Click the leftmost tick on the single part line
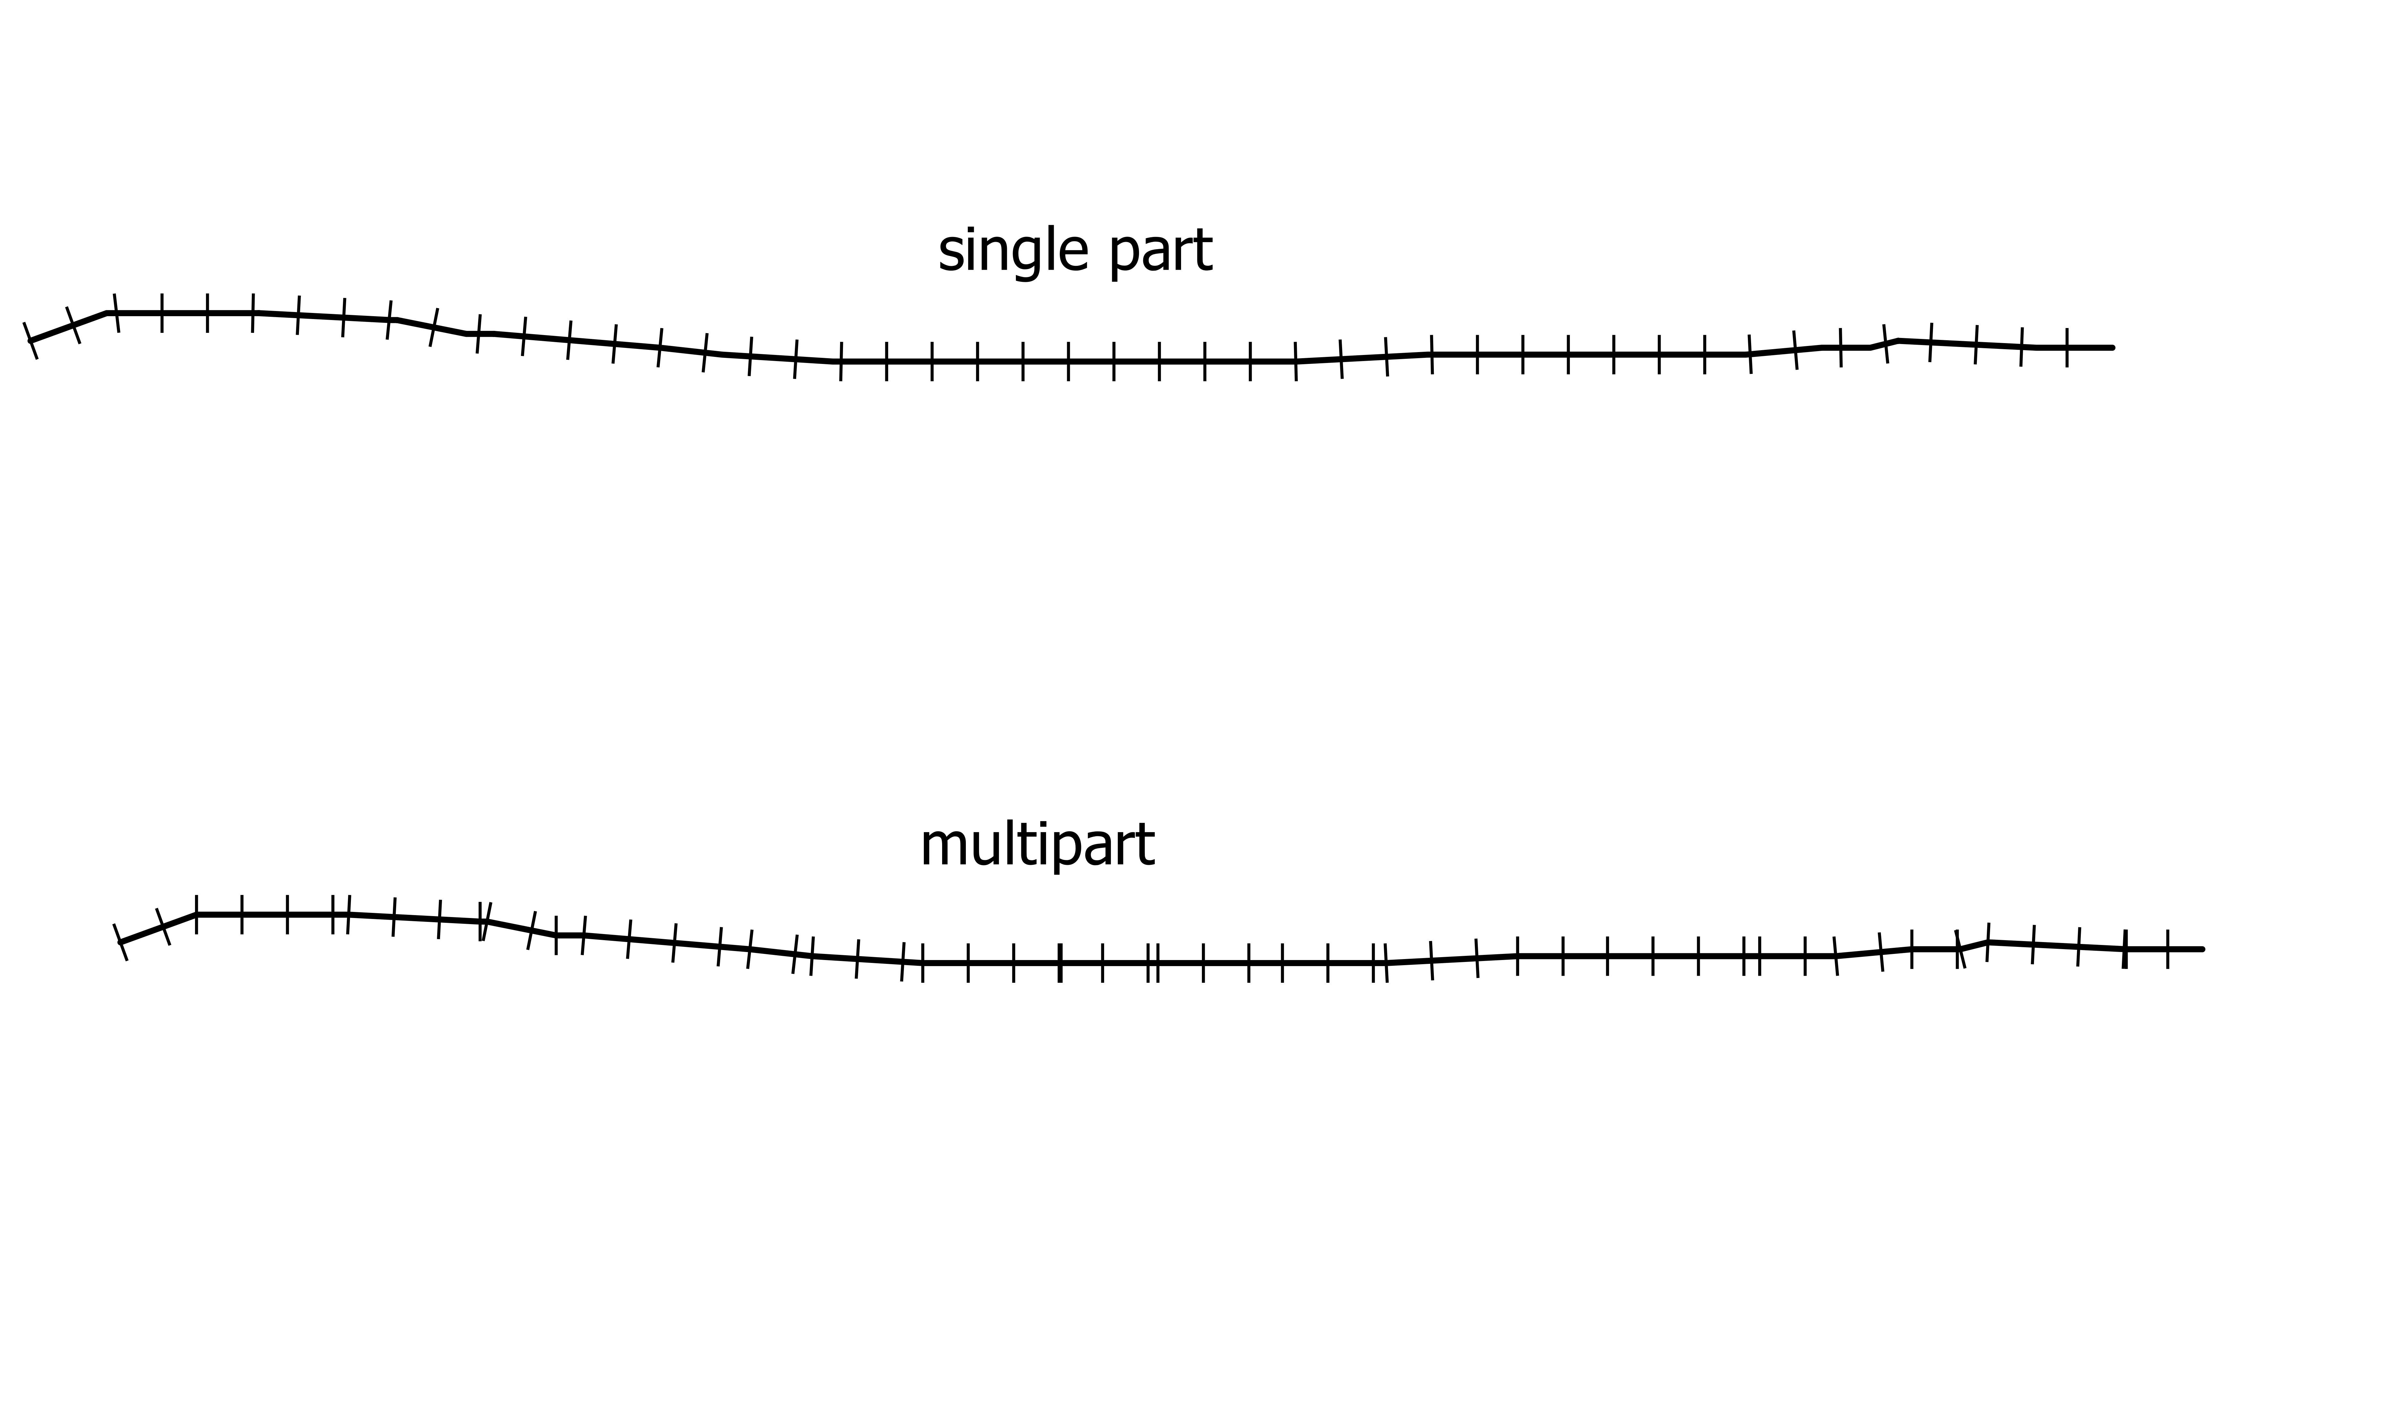click(x=30, y=341)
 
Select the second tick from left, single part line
click(x=73, y=325)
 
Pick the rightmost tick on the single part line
click(x=2067, y=348)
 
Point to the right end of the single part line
click(x=2112, y=348)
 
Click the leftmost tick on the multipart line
click(x=120, y=942)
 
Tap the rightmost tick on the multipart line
click(x=2168, y=949)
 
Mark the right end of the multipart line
click(x=2202, y=949)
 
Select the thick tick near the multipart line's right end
click(x=2125, y=949)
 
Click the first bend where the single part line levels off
click(x=107, y=313)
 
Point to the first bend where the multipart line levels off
click(x=196, y=915)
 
